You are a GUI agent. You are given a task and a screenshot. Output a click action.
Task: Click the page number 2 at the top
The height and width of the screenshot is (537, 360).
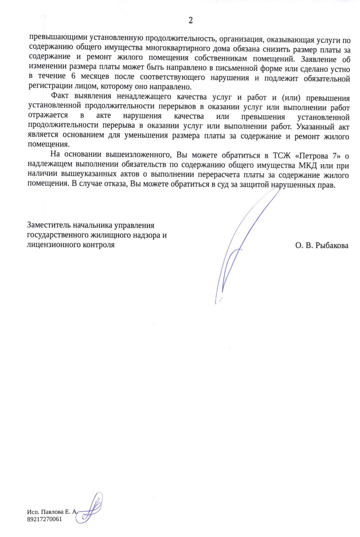point(191,20)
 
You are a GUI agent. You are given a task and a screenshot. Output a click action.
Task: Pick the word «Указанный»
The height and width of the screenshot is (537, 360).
point(315,126)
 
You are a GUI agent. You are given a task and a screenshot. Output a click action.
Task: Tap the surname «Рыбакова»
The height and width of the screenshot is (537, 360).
point(332,246)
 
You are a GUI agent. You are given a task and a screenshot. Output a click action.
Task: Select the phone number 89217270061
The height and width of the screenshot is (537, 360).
point(44,519)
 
